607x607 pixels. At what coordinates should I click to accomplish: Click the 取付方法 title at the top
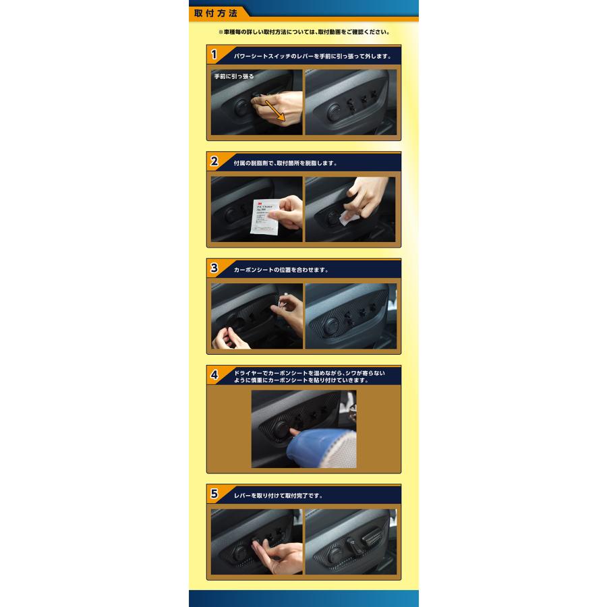[215, 12]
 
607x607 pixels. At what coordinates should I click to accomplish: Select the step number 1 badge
[214, 55]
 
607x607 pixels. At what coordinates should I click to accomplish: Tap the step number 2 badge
[214, 161]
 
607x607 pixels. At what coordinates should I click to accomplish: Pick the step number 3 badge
[214, 268]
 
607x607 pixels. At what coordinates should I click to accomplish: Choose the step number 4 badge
[214, 376]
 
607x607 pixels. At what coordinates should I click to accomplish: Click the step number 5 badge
[214, 494]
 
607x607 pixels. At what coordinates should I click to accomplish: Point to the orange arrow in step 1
[274, 108]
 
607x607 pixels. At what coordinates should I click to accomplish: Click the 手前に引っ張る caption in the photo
[234, 77]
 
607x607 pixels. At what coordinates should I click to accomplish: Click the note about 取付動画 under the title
[303, 32]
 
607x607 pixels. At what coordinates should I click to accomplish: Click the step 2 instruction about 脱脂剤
[285, 163]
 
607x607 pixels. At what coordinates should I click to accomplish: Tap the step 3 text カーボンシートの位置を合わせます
[281, 269]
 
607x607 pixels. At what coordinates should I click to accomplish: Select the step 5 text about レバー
[278, 495]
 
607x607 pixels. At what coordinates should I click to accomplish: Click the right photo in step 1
[350, 102]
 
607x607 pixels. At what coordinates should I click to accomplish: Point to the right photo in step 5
[350, 542]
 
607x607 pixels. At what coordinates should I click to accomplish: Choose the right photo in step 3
[350, 316]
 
